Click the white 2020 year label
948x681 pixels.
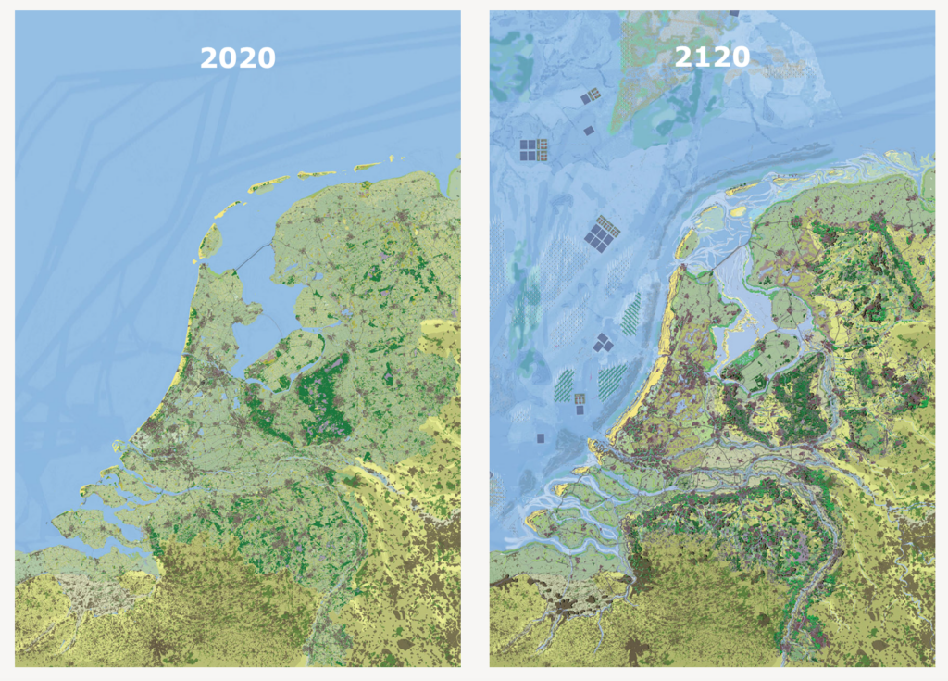pos(238,58)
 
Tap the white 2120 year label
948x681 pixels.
pos(711,57)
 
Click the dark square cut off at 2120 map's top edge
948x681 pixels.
pos(733,13)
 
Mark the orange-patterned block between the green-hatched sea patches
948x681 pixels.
pos(580,402)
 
